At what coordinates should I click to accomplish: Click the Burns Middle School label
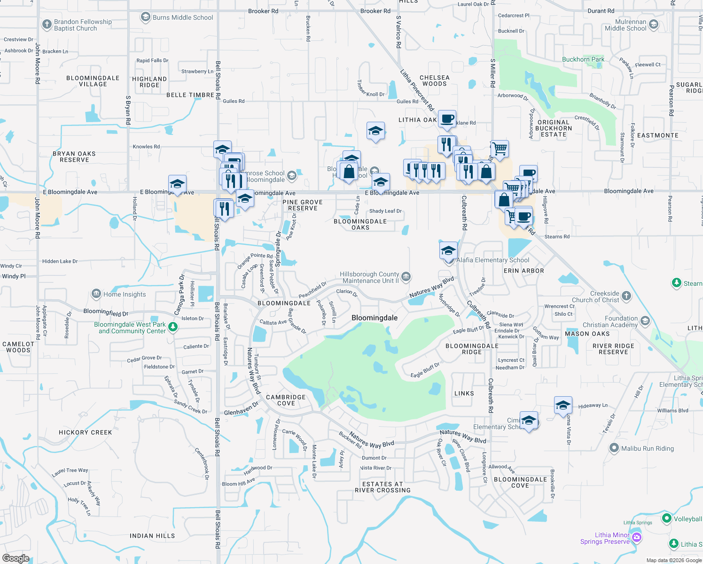click(183, 17)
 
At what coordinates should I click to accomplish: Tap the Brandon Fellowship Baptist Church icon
click(47, 24)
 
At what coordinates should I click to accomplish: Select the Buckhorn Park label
click(583, 59)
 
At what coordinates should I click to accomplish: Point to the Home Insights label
click(125, 294)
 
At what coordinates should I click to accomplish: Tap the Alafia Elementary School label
click(493, 260)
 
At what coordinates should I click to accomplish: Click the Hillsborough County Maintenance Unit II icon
click(406, 276)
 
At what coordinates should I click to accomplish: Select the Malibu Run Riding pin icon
click(614, 448)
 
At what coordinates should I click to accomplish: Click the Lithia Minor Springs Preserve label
click(605, 538)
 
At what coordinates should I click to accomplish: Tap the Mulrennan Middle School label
click(625, 25)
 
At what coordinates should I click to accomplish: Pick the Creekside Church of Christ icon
click(626, 296)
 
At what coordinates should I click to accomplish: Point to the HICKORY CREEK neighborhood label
click(86, 432)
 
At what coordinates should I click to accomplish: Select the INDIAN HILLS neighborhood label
click(152, 536)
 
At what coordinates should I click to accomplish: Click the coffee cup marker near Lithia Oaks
click(447, 118)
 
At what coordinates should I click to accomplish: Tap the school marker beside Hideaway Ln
click(562, 405)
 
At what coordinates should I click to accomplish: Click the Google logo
click(16, 558)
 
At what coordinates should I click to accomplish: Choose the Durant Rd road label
click(601, 11)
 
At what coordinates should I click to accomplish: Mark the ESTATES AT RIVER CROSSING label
click(383, 487)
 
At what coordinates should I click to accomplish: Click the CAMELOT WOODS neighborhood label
click(18, 347)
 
